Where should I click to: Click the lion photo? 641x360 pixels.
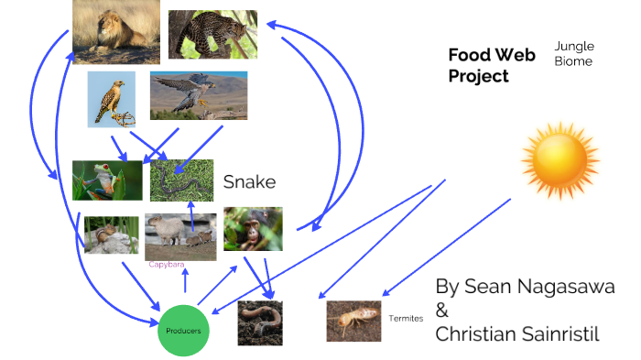115,31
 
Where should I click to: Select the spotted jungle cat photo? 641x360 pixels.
212,35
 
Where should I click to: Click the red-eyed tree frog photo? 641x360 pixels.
107,180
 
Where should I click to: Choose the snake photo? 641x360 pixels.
181,180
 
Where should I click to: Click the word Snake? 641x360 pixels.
249,182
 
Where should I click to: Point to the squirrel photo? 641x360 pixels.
111,235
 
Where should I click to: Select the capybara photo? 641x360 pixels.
180,236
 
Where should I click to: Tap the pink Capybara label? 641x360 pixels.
167,265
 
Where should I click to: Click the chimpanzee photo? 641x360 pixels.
252,229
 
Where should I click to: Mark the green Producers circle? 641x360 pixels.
184,329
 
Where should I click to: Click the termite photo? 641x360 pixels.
353,321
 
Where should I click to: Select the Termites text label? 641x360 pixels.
406,319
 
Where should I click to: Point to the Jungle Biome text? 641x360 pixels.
573,53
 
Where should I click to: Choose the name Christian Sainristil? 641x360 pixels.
517,334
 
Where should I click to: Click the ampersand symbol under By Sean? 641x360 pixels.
442,311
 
